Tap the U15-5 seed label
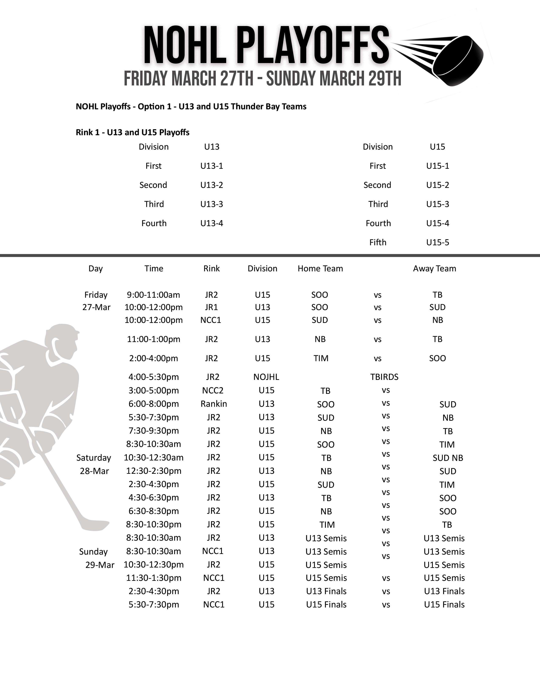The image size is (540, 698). pos(437,242)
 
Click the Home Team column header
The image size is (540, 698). pos(320,268)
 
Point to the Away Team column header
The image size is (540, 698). pos(434,268)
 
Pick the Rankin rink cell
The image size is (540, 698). pos(214,404)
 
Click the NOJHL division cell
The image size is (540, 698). pos(266,377)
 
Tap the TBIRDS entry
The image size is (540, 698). pos(384,377)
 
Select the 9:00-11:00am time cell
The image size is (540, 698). pos(153,295)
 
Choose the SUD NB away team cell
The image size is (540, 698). pos(447,458)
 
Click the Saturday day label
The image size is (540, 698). pos(93,458)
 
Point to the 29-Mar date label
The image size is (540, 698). pos(100,565)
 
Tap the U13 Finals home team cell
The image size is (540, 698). pos(326,591)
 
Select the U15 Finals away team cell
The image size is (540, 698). pos(444,604)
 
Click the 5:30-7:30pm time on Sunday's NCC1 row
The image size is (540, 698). pos(154,604)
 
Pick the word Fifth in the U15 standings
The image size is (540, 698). pos(378,242)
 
